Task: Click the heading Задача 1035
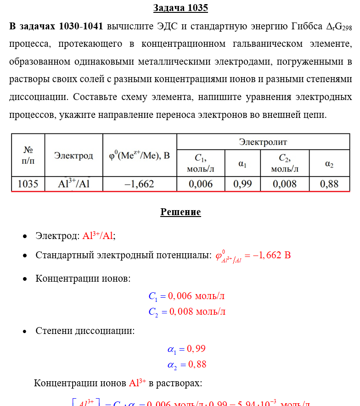[180, 8]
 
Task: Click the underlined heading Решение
[180, 212]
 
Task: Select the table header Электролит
[263, 142]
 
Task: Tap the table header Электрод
[73, 156]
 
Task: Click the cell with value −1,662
[140, 184]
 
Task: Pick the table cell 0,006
[201, 184]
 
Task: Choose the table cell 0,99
[242, 184]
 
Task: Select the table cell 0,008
[285, 184]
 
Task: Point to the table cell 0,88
[329, 184]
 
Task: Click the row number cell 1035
[28, 184]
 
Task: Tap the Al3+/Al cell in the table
[73, 184]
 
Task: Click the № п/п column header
[28, 156]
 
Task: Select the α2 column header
[329, 164]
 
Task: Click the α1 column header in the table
[242, 164]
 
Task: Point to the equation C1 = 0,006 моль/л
[186, 296]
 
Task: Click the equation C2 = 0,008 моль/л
[187, 312]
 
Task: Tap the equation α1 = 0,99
[186, 349]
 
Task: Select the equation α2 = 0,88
[187, 365]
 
